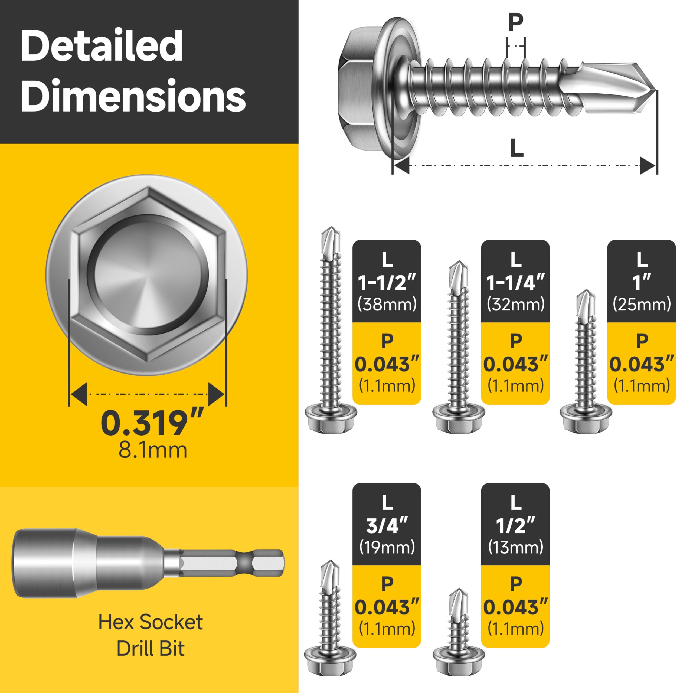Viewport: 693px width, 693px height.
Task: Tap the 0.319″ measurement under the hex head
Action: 152,423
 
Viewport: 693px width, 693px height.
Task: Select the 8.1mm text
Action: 153,450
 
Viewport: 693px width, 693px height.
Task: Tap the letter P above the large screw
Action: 515,22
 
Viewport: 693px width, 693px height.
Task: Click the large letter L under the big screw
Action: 517,148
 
